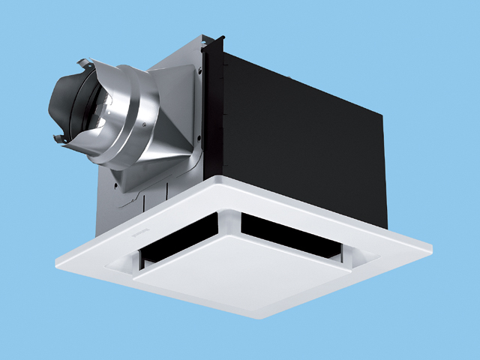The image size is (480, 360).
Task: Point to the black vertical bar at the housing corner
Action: [x=214, y=112]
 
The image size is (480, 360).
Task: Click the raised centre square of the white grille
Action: [x=225, y=270]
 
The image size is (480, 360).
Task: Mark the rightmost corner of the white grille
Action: [x=431, y=244]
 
